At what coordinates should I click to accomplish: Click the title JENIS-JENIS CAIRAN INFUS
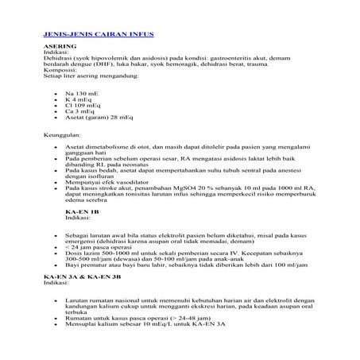point(98,36)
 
